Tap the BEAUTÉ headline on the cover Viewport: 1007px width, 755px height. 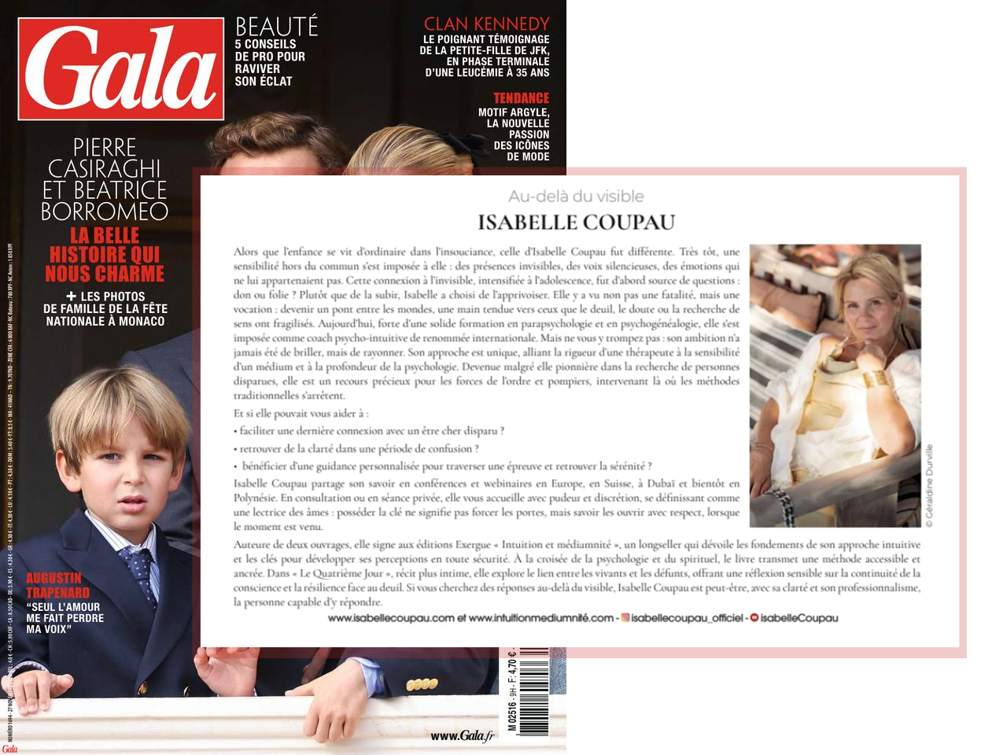click(x=276, y=26)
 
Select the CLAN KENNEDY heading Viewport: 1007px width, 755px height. click(x=486, y=24)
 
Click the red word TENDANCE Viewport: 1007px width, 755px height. click(x=521, y=98)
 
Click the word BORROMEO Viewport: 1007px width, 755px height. click(x=105, y=212)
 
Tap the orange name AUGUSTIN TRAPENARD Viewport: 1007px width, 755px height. click(x=58, y=585)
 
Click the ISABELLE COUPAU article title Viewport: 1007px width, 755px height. click(x=576, y=223)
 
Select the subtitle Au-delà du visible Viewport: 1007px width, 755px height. click(x=576, y=197)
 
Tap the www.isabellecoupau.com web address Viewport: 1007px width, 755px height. click(x=391, y=618)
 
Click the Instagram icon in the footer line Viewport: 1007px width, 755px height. click(x=625, y=618)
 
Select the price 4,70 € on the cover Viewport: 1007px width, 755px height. click(x=512, y=665)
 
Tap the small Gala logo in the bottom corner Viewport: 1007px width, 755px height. click(x=9, y=749)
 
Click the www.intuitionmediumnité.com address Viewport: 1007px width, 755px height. click(x=540, y=618)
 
